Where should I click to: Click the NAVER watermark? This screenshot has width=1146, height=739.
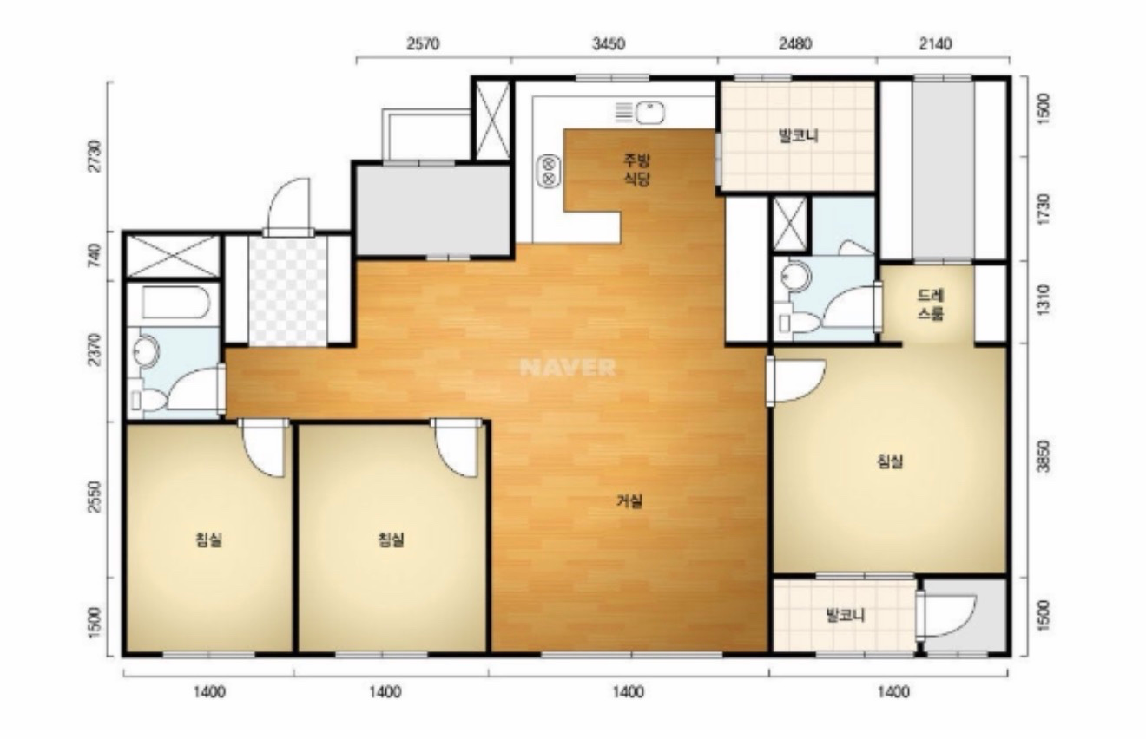point(568,368)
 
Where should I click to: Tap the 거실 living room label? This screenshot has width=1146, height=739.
point(629,501)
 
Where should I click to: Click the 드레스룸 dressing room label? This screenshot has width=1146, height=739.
point(931,304)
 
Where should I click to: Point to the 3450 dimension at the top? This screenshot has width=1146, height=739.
point(609,44)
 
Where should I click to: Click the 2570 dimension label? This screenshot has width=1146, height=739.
point(423,44)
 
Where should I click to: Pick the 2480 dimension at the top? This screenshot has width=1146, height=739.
point(795,44)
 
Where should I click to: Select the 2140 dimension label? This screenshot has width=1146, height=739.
point(936,44)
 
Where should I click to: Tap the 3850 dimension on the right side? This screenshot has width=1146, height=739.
point(1044,456)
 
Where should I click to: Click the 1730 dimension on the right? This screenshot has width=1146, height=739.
point(1044,208)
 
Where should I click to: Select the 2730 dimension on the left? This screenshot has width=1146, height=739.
point(95,156)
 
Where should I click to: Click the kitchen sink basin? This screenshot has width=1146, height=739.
point(649,113)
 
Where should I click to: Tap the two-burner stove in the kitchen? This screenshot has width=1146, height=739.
point(549,171)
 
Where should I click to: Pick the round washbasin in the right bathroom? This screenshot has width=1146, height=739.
point(796,277)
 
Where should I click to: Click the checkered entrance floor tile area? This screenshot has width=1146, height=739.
point(287,291)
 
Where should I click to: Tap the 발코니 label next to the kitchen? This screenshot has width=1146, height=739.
point(799,136)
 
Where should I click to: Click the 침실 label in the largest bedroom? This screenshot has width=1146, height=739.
point(890,461)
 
